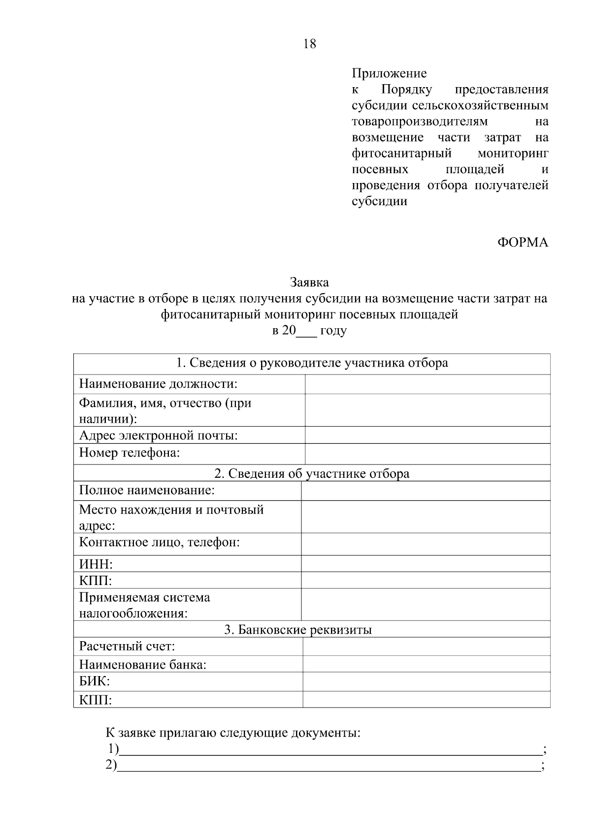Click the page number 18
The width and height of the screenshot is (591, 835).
coord(310,44)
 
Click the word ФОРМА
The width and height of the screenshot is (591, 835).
coord(523,243)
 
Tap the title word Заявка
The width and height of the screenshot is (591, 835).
coord(309,282)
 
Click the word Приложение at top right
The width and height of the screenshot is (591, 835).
coord(389,73)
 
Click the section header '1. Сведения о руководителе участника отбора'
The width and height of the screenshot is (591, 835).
coord(312,363)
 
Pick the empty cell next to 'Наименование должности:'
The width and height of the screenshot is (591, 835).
coord(427,384)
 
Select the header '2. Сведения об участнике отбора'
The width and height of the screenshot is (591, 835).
coord(312,473)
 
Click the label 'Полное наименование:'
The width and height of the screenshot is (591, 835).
coord(147,491)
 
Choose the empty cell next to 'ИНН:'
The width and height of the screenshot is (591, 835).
coord(426,564)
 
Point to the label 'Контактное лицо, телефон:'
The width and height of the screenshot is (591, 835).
coord(160,542)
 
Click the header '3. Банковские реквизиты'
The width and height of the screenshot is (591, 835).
coord(298,629)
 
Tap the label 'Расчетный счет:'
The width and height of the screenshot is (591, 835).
coord(127,646)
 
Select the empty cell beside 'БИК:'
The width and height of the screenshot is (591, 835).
coord(426,681)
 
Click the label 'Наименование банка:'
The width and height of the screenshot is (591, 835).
coord(143,665)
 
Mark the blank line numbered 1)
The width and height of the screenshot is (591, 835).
coord(330,751)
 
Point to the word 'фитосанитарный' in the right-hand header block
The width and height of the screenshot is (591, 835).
coord(402,154)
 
